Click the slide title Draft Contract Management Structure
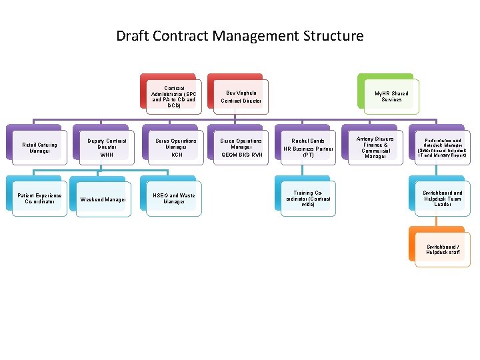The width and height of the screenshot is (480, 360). [x=240, y=36]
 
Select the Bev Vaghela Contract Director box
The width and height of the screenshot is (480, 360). [x=241, y=97]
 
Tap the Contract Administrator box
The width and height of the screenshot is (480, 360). [x=173, y=97]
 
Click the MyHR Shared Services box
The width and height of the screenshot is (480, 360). [x=391, y=97]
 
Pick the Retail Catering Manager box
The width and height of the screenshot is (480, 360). [x=40, y=147]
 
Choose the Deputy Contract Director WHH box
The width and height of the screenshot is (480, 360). [x=106, y=147]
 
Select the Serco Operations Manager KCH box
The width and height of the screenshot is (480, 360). [x=176, y=147]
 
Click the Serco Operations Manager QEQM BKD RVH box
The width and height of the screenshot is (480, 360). [x=241, y=147]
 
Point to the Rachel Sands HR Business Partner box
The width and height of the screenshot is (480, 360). [x=308, y=147]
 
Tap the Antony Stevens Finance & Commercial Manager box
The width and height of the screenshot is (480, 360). [x=375, y=147]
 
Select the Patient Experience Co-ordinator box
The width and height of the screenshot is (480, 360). [x=40, y=199]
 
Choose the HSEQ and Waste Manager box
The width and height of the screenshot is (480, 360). [x=173, y=199]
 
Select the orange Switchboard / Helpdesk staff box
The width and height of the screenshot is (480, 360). [x=443, y=249]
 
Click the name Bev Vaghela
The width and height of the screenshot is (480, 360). [x=241, y=93]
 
